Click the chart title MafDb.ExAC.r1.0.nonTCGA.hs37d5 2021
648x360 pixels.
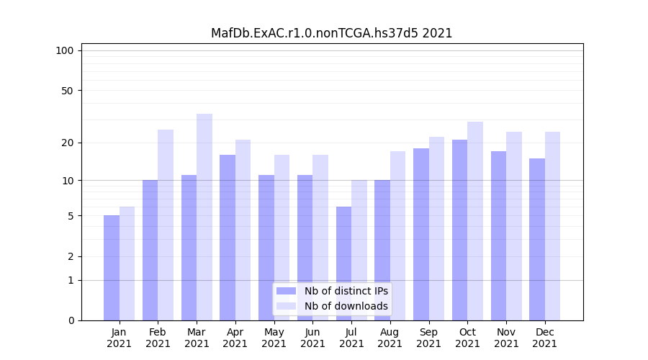(331, 33)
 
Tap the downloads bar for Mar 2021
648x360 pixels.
(204, 217)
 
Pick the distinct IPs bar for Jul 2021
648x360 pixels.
(344, 264)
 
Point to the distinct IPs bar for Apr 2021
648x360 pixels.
(228, 238)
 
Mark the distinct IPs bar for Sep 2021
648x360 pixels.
(421, 234)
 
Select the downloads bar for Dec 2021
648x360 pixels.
(552, 226)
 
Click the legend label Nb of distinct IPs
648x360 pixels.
(346, 291)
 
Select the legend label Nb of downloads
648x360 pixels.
(346, 306)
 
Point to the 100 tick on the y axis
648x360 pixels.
(65, 50)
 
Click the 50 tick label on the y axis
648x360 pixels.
(68, 91)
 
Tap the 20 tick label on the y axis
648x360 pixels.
(68, 143)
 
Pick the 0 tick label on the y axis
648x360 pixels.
(71, 320)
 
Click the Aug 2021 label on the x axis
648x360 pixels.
(390, 338)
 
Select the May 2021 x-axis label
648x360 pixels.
(274, 338)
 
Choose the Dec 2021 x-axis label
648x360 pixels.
(545, 338)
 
